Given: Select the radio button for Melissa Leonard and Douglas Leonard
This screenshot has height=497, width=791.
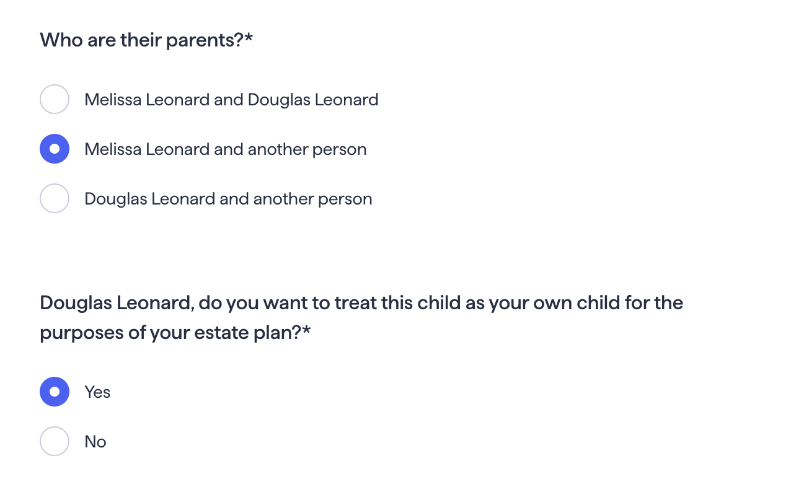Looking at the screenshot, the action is pyautogui.click(x=55, y=99).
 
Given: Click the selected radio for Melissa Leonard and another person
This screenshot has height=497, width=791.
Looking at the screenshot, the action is pyautogui.click(x=55, y=149).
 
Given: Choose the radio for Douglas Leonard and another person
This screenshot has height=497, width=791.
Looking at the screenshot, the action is pyautogui.click(x=55, y=198).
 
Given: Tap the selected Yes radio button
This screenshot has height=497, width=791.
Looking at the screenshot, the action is pyautogui.click(x=55, y=392).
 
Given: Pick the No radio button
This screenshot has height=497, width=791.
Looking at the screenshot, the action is pyautogui.click(x=55, y=441).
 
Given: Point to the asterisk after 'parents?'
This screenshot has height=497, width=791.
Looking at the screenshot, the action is pyautogui.click(x=248, y=37).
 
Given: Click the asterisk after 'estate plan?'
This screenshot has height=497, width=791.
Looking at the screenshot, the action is pyautogui.click(x=306, y=330).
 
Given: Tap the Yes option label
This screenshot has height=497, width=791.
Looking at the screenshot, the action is pyautogui.click(x=97, y=392).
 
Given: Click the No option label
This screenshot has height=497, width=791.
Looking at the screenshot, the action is pyautogui.click(x=95, y=442).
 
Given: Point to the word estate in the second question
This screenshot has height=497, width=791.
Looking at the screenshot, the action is pyautogui.click(x=221, y=333).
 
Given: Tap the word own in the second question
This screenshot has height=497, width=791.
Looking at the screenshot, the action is pyautogui.click(x=552, y=304).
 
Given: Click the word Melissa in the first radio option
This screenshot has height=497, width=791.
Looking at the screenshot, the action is pyautogui.click(x=113, y=100).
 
